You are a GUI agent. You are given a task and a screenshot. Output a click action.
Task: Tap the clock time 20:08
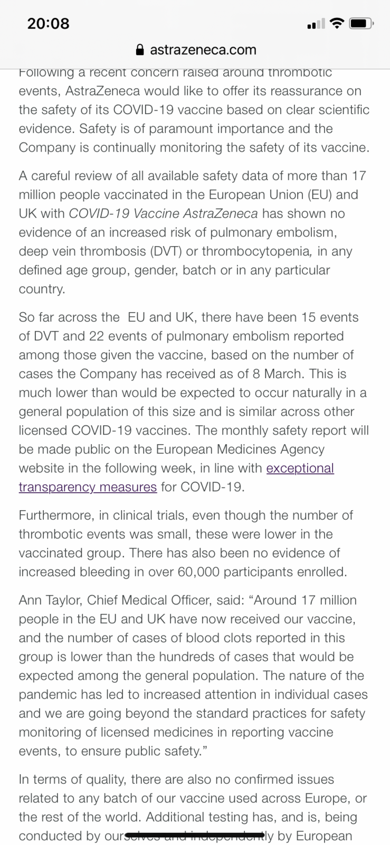point(48,23)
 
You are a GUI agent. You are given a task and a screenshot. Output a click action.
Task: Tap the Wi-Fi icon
point(336,23)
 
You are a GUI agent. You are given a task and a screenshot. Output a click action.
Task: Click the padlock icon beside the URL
point(140,50)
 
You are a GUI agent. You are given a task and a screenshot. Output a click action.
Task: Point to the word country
point(42,289)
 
